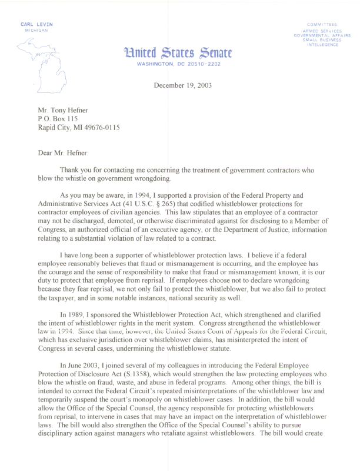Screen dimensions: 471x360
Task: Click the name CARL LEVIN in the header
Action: point(36,24)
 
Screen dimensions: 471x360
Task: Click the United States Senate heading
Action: point(178,53)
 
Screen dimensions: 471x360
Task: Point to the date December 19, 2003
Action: point(182,85)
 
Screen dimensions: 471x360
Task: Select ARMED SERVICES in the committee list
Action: point(322,31)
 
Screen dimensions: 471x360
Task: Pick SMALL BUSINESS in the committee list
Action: point(322,41)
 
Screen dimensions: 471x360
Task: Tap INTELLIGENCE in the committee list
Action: point(322,45)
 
